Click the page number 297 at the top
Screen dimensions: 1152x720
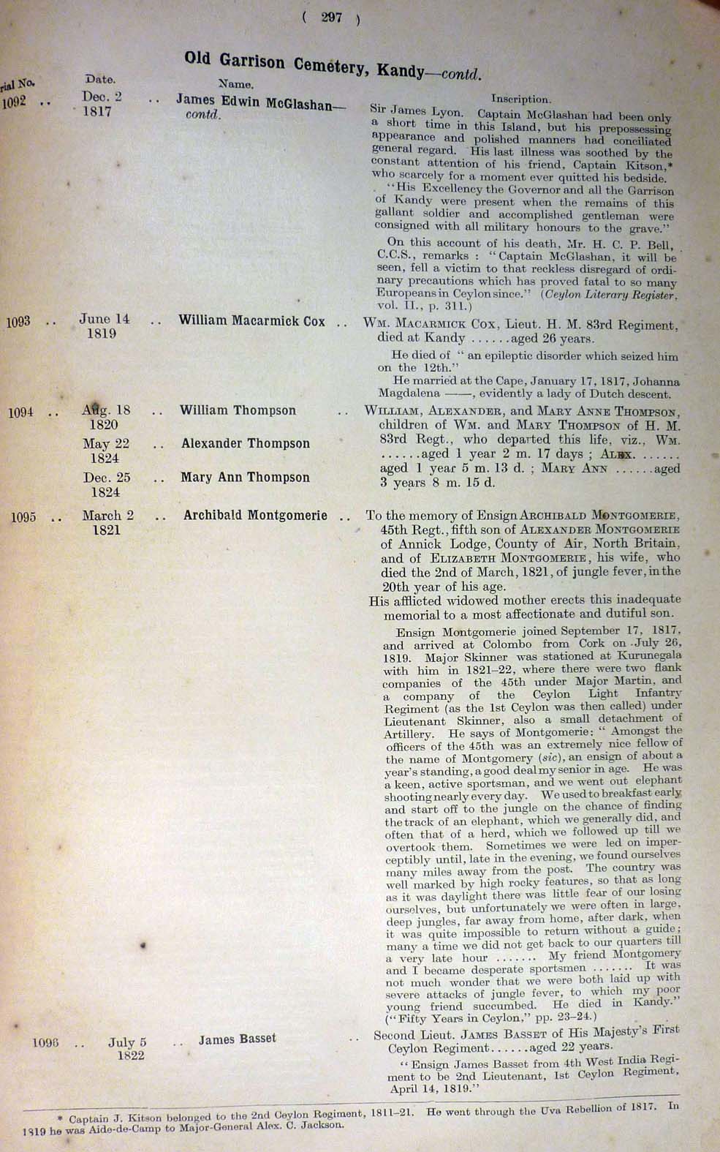(x=331, y=18)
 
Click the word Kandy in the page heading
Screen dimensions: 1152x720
(x=400, y=71)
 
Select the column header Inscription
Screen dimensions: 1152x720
(x=520, y=99)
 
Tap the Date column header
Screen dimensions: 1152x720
(x=100, y=79)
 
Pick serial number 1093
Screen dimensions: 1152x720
(x=18, y=321)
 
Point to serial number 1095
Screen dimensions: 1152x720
(x=23, y=517)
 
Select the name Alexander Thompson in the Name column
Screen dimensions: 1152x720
(x=246, y=443)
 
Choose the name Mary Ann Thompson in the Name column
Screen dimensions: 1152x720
(x=246, y=478)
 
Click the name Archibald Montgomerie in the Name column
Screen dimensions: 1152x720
(x=255, y=515)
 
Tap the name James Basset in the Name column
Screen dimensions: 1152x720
(x=237, y=1039)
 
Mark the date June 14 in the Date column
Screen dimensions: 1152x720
(x=104, y=319)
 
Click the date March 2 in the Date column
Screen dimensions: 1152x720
(x=107, y=515)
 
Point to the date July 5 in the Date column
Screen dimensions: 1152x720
(x=127, y=1042)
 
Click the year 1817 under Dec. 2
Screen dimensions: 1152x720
(x=96, y=112)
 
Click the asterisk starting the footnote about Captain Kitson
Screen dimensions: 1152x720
(x=60, y=1118)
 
